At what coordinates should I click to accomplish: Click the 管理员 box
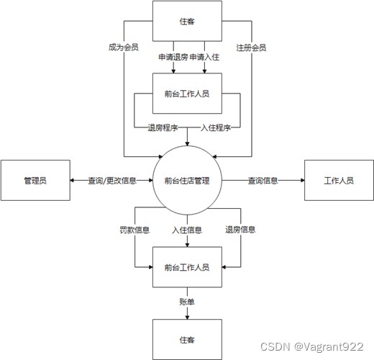[35, 180]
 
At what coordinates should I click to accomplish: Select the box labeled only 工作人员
[339, 180]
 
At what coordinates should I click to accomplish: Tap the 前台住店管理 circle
[187, 180]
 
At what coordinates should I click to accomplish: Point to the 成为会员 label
[124, 48]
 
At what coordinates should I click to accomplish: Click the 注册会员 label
[251, 48]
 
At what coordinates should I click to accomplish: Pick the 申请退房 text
[173, 57]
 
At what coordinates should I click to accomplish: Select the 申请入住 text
[204, 57]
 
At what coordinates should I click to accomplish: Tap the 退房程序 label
[163, 127]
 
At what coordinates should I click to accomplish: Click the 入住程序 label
[216, 127]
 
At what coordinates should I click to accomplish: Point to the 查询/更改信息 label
[112, 181]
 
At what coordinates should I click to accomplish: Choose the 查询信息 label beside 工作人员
[263, 181]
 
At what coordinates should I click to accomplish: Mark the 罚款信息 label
[134, 230]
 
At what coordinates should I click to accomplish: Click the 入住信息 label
[187, 230]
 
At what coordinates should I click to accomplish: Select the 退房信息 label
[240, 230]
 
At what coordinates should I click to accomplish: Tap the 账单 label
[187, 302]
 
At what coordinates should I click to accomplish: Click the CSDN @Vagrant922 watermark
[312, 347]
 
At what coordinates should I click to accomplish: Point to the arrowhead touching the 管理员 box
[72, 180]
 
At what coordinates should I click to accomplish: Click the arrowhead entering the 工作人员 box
[303, 180]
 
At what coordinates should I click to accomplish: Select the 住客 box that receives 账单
[187, 339]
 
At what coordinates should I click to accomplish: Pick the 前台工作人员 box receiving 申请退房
[187, 94]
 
